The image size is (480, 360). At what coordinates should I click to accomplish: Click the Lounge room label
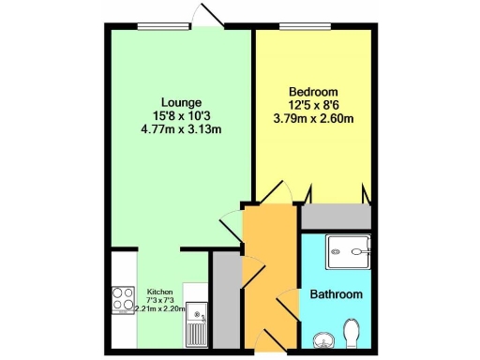180,102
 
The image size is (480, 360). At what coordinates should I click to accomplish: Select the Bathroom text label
336,295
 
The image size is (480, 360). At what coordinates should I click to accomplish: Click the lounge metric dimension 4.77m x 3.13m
180,129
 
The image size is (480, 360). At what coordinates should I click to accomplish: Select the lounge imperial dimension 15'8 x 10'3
180,115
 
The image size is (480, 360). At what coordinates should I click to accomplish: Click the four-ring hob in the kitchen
124,299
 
